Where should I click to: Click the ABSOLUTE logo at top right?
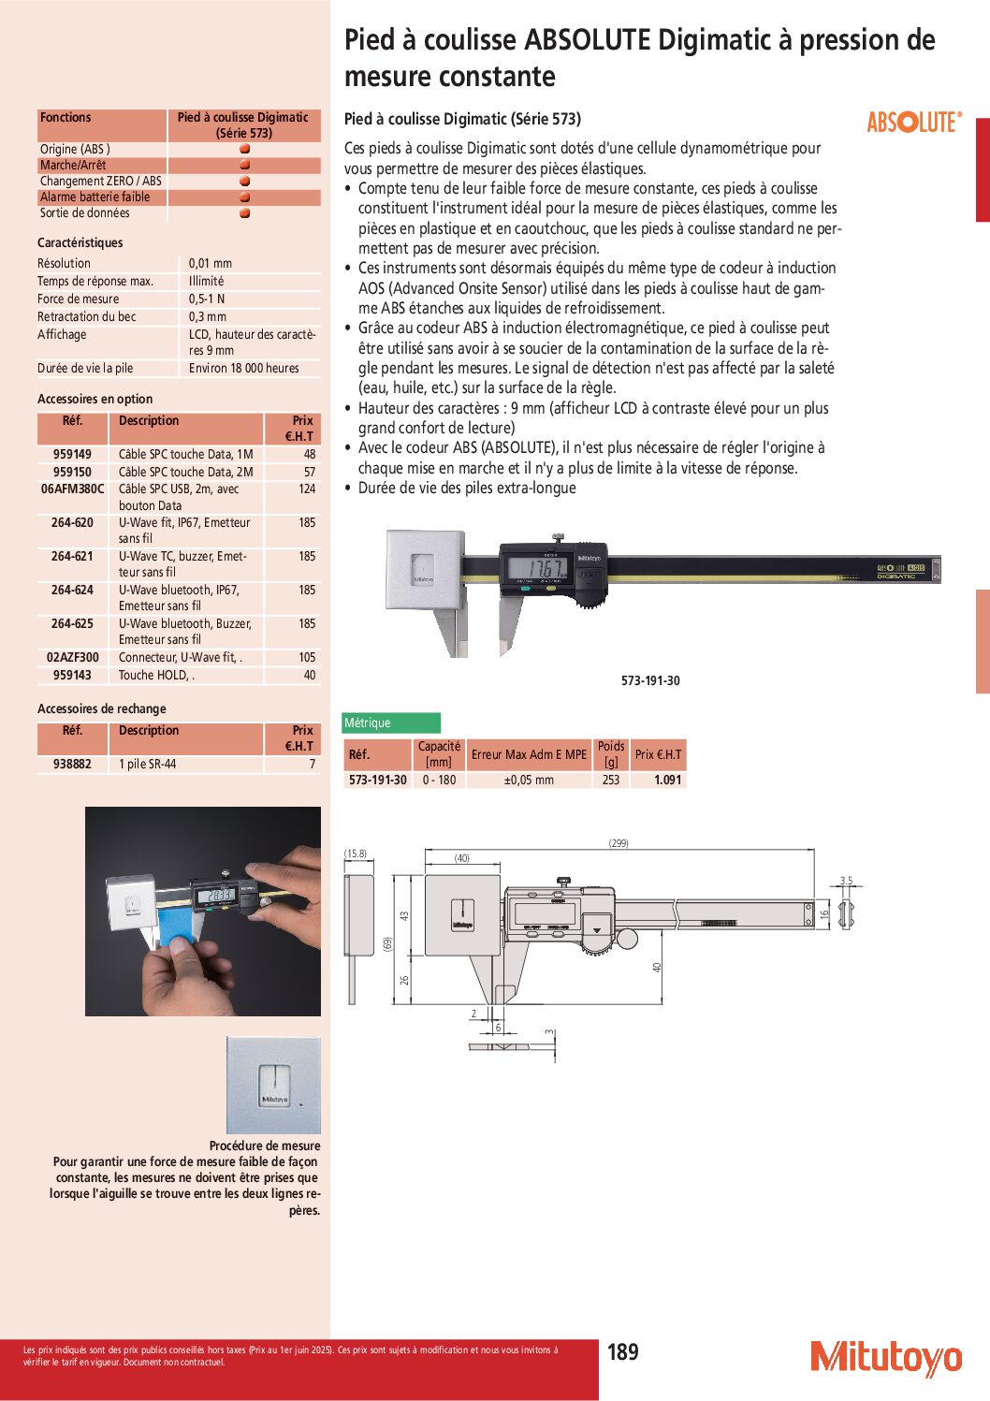click(913, 123)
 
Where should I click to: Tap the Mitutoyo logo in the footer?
click(885, 1358)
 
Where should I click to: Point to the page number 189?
click(622, 1352)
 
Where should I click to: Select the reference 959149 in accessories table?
click(72, 454)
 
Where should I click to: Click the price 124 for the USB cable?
click(307, 489)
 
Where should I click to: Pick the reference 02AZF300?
click(72, 657)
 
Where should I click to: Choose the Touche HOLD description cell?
click(156, 675)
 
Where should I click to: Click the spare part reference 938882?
click(72, 764)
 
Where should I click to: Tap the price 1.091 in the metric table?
click(667, 780)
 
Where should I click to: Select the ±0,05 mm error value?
click(529, 780)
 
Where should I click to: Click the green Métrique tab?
click(391, 722)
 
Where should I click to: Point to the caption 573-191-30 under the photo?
click(650, 680)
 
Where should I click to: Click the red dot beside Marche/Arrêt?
click(244, 165)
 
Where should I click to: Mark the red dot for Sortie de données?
click(244, 213)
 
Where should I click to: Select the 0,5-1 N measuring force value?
click(207, 299)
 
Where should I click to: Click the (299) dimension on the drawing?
click(619, 843)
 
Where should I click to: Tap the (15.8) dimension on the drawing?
click(356, 854)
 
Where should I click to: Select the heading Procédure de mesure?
click(265, 1146)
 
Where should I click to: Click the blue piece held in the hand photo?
click(177, 926)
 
